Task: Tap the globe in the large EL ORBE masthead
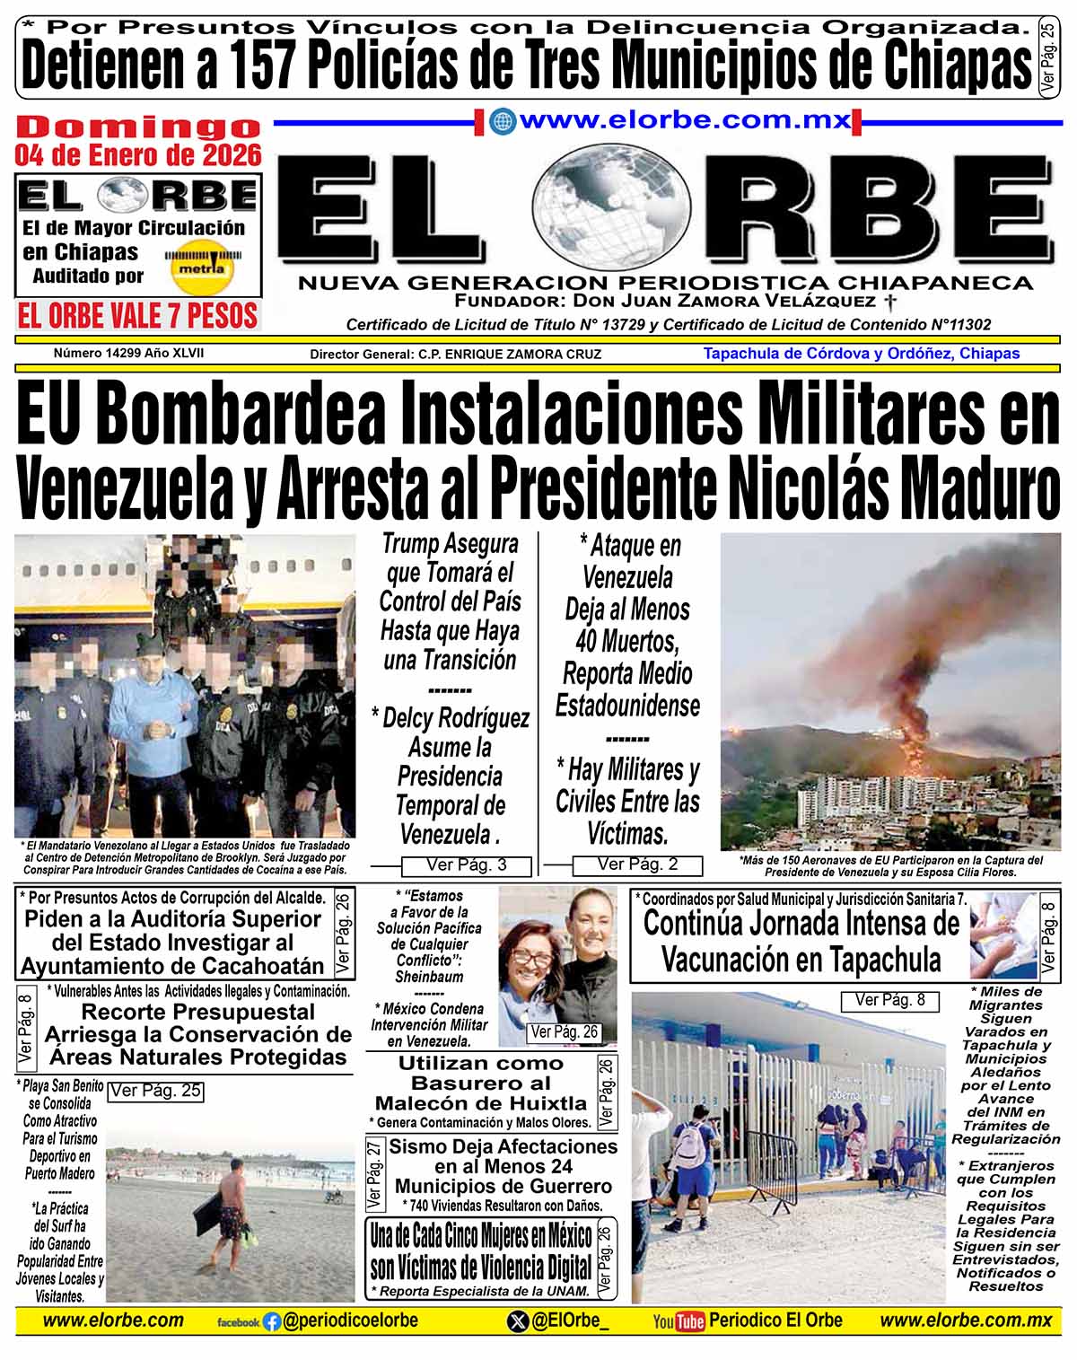tap(612, 210)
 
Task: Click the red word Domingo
tap(138, 127)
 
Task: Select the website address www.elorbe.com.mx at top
tap(684, 120)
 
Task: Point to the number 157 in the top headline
tap(266, 65)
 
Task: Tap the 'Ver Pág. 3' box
tap(466, 865)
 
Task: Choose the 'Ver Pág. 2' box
tap(637, 864)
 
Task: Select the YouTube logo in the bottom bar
tap(678, 1321)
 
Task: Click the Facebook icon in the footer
tap(271, 1321)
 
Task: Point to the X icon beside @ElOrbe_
tap(518, 1321)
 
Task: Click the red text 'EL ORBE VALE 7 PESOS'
tap(138, 316)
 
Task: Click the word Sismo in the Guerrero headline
tap(419, 1146)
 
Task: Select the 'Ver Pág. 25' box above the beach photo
tap(155, 1092)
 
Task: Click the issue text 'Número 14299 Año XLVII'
tap(128, 353)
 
